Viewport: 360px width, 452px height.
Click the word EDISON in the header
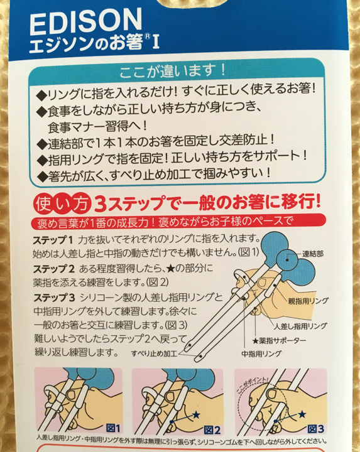(85, 21)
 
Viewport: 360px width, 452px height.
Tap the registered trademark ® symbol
(147, 37)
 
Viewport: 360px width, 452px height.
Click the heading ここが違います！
(172, 71)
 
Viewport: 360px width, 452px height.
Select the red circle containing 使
(44, 204)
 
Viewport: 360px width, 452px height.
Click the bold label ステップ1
(53, 240)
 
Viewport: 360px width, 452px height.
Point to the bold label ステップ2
(53, 269)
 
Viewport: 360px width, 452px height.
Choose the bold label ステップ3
(54, 297)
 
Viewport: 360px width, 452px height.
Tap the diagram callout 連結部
(313, 254)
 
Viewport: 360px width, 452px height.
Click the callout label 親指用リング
(308, 301)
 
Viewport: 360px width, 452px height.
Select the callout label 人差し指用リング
(300, 326)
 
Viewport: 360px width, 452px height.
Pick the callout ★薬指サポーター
(279, 341)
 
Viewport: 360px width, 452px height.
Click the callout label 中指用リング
(261, 353)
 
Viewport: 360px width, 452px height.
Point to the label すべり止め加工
(154, 353)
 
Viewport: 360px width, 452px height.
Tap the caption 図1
(113, 428)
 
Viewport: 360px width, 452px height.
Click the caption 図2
(212, 430)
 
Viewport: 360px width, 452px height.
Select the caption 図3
(315, 429)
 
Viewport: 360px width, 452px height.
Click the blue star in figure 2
(196, 415)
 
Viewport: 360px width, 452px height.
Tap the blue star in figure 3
(302, 414)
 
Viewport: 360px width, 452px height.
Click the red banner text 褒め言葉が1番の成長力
(92, 223)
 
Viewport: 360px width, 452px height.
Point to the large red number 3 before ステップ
(101, 204)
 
